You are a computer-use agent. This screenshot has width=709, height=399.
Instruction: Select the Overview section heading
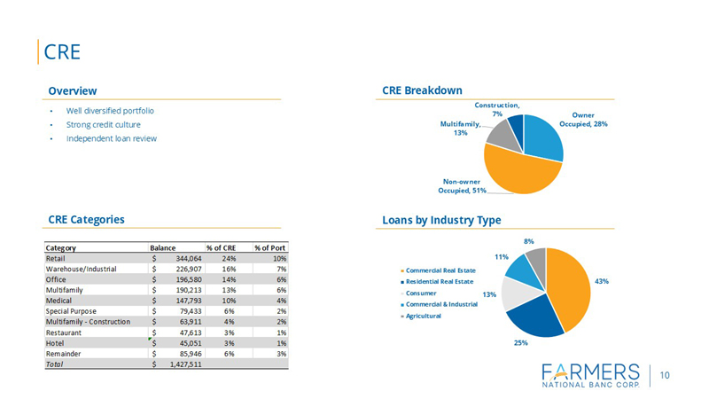(x=73, y=90)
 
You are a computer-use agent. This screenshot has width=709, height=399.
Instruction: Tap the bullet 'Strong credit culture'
(x=104, y=125)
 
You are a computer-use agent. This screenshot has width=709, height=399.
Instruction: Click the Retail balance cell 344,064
(x=183, y=258)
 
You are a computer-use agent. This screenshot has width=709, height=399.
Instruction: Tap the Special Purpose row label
(x=73, y=311)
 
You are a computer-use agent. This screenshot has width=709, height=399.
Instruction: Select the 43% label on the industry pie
(x=602, y=281)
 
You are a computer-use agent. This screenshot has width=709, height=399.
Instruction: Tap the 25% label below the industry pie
(x=520, y=342)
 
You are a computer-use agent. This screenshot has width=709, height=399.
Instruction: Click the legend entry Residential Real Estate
(x=442, y=281)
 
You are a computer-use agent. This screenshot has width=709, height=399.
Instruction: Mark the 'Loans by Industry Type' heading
(x=441, y=220)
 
